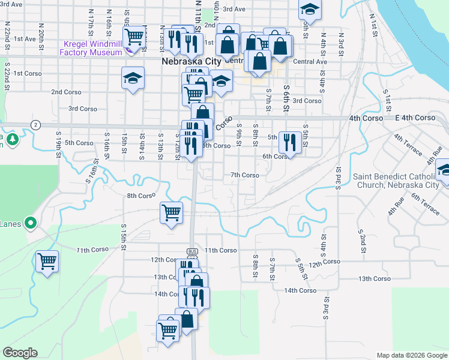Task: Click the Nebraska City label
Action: [191, 61]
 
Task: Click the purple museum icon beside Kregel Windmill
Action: [67, 44]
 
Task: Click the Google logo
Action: [20, 353]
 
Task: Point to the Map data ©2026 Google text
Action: [411, 355]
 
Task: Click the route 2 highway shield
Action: [37, 124]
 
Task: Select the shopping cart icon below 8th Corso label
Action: [172, 212]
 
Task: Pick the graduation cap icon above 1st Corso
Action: [133, 77]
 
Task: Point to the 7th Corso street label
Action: [245, 175]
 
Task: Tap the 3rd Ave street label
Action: [234, 9]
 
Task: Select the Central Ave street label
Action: [310, 61]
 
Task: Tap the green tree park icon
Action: [11, 140]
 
